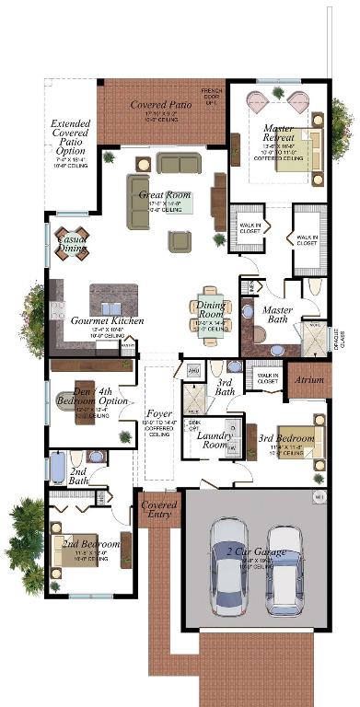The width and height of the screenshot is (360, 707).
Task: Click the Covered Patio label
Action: coord(161,105)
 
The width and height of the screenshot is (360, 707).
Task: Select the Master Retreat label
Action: coord(278,133)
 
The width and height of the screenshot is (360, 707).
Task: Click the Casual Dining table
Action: coord(72,242)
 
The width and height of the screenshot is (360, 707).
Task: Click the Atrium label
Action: coord(307,377)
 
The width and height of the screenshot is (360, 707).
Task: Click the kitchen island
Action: coord(113,299)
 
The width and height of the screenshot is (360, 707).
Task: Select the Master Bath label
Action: coord(278,316)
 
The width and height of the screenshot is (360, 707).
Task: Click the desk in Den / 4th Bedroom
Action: coord(84,397)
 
